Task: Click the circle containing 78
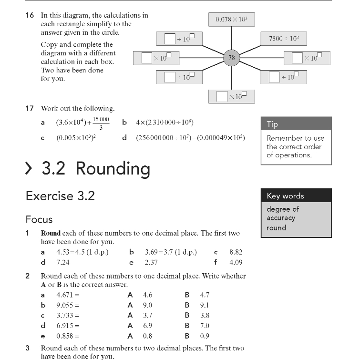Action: pyautogui.click(x=232, y=58)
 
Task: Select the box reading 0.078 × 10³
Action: pyautogui.click(x=232, y=20)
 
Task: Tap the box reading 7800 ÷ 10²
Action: pyautogui.click(x=284, y=38)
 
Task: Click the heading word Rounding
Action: pyautogui.click(x=113, y=168)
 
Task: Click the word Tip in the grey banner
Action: pyautogui.click(x=272, y=124)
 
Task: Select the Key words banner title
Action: pyautogui.click(x=285, y=195)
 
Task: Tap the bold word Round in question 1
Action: pyautogui.click(x=51, y=233)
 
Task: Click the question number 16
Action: pyautogui.click(x=30, y=15)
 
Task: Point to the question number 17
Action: pyautogui.click(x=30, y=108)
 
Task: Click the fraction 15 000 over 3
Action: pyautogui.click(x=101, y=123)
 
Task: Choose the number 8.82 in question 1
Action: pyautogui.click(x=236, y=252)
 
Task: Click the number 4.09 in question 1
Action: pyautogui.click(x=236, y=262)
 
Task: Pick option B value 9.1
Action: pyautogui.click(x=205, y=305)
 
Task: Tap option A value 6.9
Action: pyautogui.click(x=147, y=326)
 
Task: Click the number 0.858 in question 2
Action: pyautogui.click(x=65, y=336)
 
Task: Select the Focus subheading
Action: pyautogui.click(x=39, y=219)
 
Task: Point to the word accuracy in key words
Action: pyautogui.click(x=281, y=218)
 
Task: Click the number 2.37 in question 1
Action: pyautogui.click(x=151, y=262)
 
